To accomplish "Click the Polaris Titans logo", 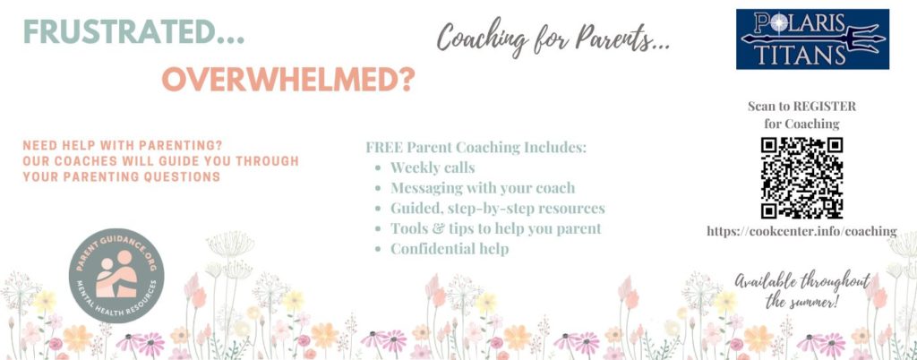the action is point(812,39).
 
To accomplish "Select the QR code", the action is point(801,177).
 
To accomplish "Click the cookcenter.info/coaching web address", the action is point(801,231).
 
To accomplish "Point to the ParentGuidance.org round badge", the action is point(116,275).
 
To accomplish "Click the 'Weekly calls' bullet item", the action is point(433,168).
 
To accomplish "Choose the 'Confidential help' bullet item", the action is point(450,249).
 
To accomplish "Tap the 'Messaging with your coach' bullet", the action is point(483,188).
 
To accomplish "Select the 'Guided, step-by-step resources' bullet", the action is point(498,209).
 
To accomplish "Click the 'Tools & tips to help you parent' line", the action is point(496,228).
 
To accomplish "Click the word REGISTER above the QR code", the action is point(824,107).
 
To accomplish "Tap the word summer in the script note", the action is point(810,303).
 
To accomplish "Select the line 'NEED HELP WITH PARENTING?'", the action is point(123,145).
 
